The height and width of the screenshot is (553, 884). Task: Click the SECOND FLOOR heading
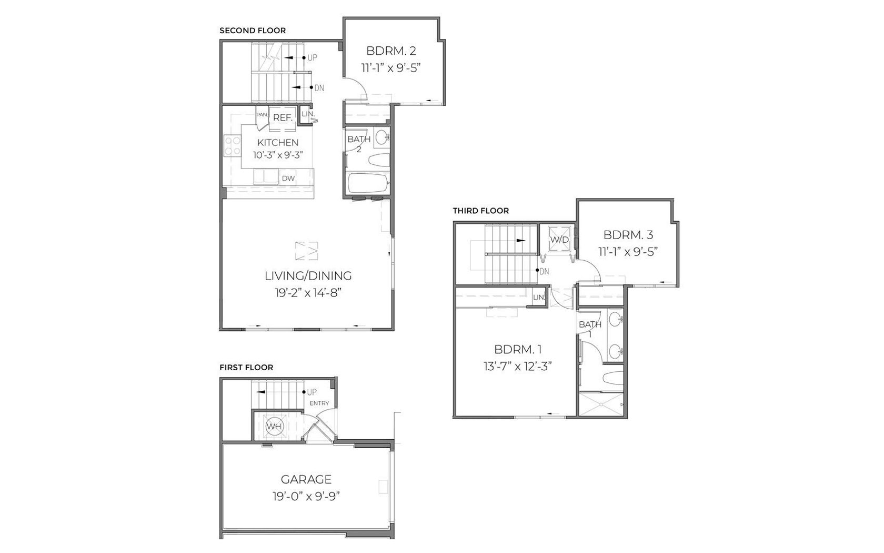pos(253,31)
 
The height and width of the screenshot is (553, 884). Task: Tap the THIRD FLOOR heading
pos(481,211)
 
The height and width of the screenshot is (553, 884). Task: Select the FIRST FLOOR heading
pos(246,368)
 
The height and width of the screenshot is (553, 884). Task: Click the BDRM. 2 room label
pos(391,51)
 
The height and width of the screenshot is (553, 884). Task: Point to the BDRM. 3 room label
pos(628,235)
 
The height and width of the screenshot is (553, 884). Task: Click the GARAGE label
pos(306,479)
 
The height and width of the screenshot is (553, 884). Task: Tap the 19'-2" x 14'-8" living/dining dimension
pos(308,293)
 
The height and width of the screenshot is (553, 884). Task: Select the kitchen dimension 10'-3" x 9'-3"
pos(278,155)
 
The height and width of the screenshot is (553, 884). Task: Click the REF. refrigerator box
pos(283,117)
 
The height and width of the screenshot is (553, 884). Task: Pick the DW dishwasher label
pos(288,178)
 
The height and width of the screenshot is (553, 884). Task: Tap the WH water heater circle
pos(274,427)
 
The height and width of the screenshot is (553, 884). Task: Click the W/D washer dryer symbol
pos(560,239)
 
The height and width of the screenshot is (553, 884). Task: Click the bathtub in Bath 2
pos(368,184)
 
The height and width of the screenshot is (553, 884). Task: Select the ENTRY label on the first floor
pos(319,403)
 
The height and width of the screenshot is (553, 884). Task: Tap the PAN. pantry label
pos(262,115)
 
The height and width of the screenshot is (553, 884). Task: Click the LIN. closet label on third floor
pos(539,298)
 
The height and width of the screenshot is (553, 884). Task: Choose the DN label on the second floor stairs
pos(319,87)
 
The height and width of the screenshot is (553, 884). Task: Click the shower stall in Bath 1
pos(601,403)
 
